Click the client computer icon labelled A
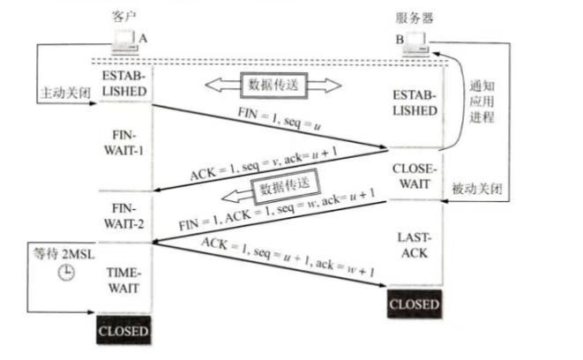124,40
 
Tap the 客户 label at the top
124,17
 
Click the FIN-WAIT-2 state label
124,217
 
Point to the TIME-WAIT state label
124,281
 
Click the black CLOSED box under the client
124,332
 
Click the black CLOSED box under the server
415,305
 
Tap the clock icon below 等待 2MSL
64,274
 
